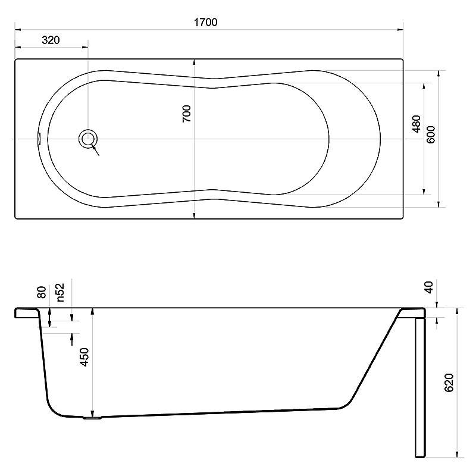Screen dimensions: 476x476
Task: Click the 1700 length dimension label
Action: coord(205,22)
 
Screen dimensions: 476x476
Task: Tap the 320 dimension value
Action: coord(51,40)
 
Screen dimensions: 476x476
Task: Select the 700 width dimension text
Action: coord(187,114)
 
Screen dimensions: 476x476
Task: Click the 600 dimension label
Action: coord(430,134)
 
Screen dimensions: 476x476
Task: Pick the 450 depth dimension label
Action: coord(84,357)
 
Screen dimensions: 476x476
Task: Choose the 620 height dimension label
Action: coord(449,383)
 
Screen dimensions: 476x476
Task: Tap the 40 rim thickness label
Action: coord(428,287)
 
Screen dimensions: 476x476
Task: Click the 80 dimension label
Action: coord(42,292)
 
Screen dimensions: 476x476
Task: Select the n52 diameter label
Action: coord(60,292)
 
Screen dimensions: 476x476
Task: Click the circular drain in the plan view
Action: coord(88,139)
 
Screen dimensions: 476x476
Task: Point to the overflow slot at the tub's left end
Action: coord(39,139)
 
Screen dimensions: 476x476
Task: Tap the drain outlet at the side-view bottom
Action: coord(92,418)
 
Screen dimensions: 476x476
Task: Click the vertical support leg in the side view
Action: coord(420,388)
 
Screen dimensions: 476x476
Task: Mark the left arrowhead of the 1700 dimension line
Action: coord(18,30)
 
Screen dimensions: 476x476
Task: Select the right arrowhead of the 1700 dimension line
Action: coord(400,30)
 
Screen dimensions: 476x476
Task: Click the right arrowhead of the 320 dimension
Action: coord(85,48)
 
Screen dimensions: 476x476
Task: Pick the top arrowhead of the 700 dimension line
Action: coord(195,62)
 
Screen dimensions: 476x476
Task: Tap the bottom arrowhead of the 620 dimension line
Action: coord(456,455)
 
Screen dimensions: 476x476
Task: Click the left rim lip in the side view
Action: coord(27,313)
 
